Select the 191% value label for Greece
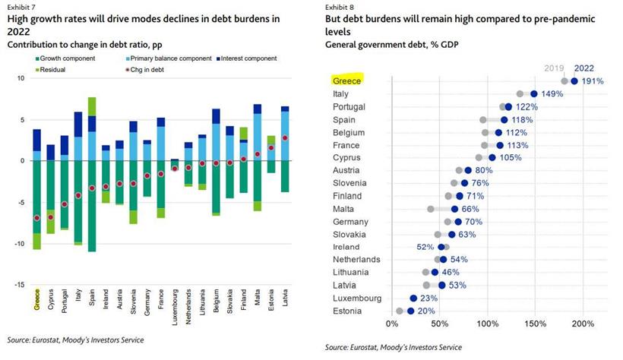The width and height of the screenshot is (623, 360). pyautogui.click(x=593, y=81)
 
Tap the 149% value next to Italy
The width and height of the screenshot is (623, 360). pyautogui.click(x=552, y=93)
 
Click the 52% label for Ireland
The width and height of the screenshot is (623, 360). pyautogui.click(x=425, y=247)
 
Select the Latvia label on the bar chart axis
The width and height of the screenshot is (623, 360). pyautogui.click(x=283, y=298)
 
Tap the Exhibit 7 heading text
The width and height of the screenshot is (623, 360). pyautogui.click(x=23, y=7)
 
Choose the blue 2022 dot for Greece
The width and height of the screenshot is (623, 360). pyautogui.click(x=574, y=81)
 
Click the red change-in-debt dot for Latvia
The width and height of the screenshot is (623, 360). pyautogui.click(x=284, y=137)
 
